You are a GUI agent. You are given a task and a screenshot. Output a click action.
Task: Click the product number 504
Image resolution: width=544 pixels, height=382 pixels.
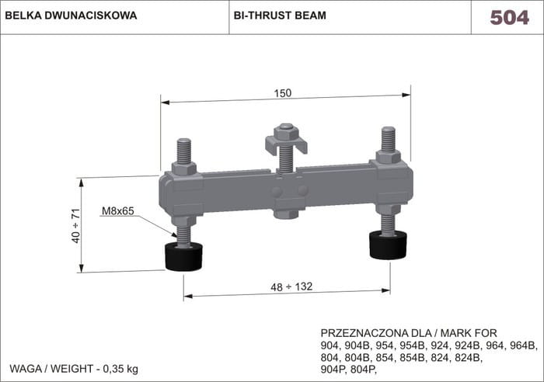tap(509, 17)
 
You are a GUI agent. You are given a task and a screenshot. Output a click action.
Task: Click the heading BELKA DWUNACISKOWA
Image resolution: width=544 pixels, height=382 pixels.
tap(71, 16)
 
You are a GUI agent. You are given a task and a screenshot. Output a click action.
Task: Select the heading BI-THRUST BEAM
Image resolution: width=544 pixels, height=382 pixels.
tap(280, 16)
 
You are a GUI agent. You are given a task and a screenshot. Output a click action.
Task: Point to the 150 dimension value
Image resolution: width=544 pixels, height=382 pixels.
tap(283, 93)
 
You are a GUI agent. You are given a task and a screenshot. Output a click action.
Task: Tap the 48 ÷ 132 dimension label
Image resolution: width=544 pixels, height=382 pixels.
tap(291, 286)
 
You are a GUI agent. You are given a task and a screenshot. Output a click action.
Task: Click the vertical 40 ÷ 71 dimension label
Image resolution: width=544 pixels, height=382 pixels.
tap(75, 226)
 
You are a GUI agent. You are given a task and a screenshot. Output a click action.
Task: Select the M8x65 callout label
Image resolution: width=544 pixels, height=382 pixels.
tap(118, 210)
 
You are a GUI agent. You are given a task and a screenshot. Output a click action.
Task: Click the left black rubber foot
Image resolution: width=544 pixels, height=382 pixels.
tap(183, 256)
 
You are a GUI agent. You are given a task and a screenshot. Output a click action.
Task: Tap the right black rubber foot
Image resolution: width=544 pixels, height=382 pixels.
tap(389, 245)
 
